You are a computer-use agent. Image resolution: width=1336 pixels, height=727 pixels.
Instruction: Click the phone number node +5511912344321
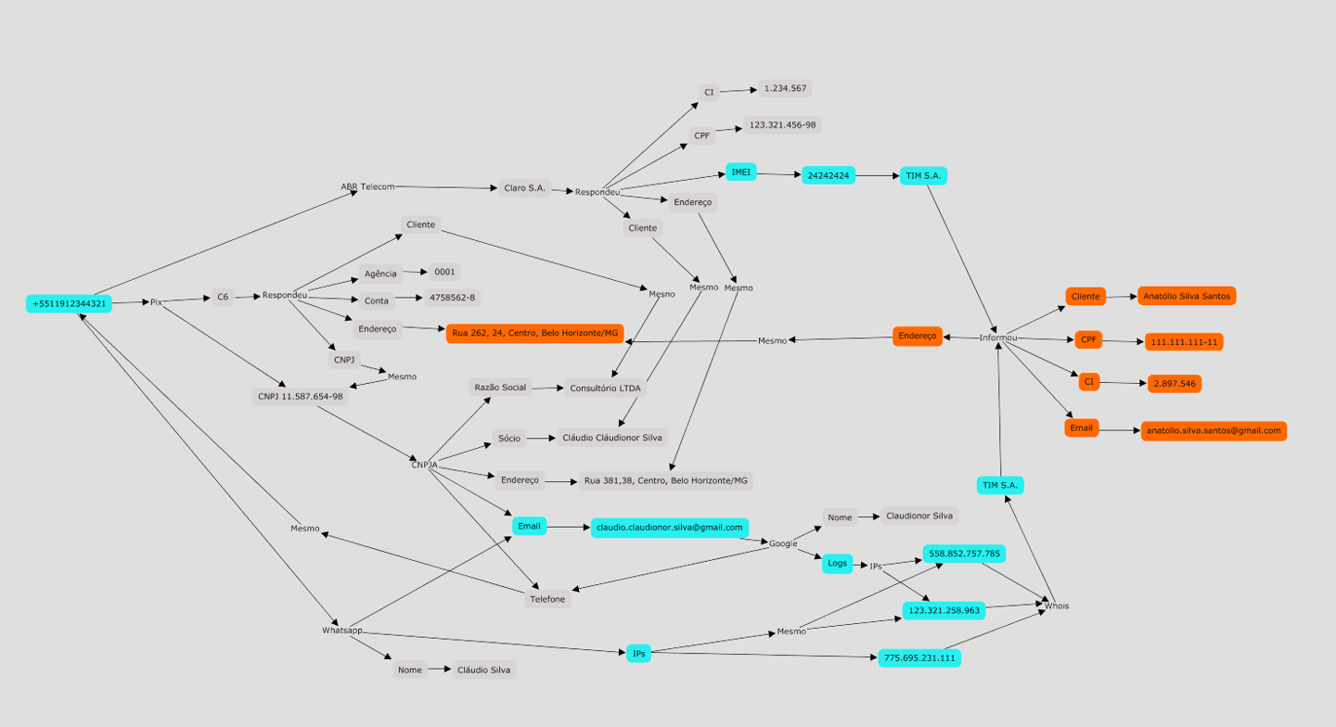[69, 303]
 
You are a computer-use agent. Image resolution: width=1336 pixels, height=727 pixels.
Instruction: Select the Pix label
[156, 302]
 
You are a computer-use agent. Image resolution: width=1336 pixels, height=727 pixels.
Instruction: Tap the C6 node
[223, 298]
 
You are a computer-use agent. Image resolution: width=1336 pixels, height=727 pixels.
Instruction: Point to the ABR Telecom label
[367, 187]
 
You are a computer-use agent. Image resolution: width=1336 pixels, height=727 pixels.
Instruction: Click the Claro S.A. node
[524, 188]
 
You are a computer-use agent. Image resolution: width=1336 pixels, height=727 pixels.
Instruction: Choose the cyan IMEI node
[740, 172]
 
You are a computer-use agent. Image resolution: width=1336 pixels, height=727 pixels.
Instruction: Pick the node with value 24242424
[829, 175]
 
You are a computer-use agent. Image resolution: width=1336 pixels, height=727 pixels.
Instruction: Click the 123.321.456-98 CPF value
[782, 125]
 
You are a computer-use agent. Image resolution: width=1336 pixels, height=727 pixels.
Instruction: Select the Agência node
[380, 274]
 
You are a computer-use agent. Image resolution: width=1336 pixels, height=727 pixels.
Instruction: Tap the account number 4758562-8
[452, 299]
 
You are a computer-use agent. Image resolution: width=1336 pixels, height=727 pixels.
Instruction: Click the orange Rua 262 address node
[534, 333]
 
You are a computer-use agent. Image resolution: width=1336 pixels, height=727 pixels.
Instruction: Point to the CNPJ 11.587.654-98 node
[300, 396]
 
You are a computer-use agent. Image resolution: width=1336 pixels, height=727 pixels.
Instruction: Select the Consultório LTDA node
[605, 389]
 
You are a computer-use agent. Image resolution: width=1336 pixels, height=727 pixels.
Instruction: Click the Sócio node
[509, 438]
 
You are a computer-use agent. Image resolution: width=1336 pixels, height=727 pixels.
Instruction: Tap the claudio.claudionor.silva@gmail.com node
[669, 528]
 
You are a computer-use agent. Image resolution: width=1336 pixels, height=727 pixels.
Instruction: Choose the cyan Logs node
[837, 564]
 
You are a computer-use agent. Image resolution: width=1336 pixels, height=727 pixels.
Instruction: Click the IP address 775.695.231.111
[918, 658]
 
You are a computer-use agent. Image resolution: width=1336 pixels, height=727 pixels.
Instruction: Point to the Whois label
[1057, 606]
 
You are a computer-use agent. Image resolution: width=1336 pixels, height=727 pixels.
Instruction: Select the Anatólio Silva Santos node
[1187, 296]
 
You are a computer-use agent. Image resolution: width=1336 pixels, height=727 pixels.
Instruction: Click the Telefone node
[547, 599]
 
